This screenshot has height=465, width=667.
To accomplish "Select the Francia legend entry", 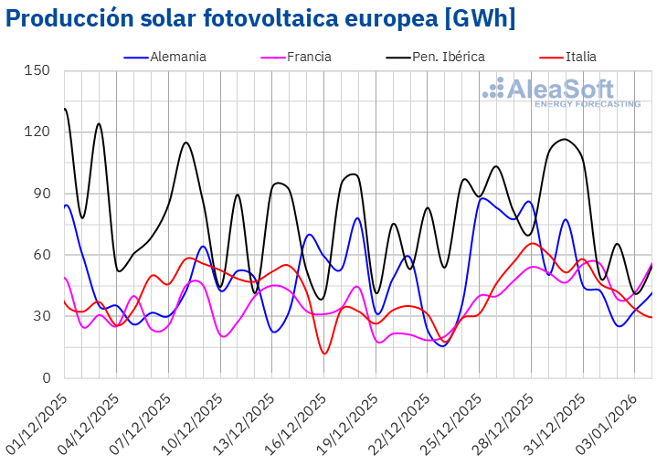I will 309,57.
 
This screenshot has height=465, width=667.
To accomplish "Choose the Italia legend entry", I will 580,57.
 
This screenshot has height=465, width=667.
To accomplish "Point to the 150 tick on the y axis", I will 38,70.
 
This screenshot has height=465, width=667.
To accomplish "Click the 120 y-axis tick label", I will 38,132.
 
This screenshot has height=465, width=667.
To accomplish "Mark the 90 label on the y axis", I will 42,194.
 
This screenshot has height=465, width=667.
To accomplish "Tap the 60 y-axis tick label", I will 42,255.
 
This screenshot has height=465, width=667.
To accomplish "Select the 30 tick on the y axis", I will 42,316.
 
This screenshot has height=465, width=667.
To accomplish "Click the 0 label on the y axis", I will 46,378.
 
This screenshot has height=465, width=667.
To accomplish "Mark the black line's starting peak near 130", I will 65,109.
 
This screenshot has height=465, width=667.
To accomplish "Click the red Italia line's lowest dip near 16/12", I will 324,354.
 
